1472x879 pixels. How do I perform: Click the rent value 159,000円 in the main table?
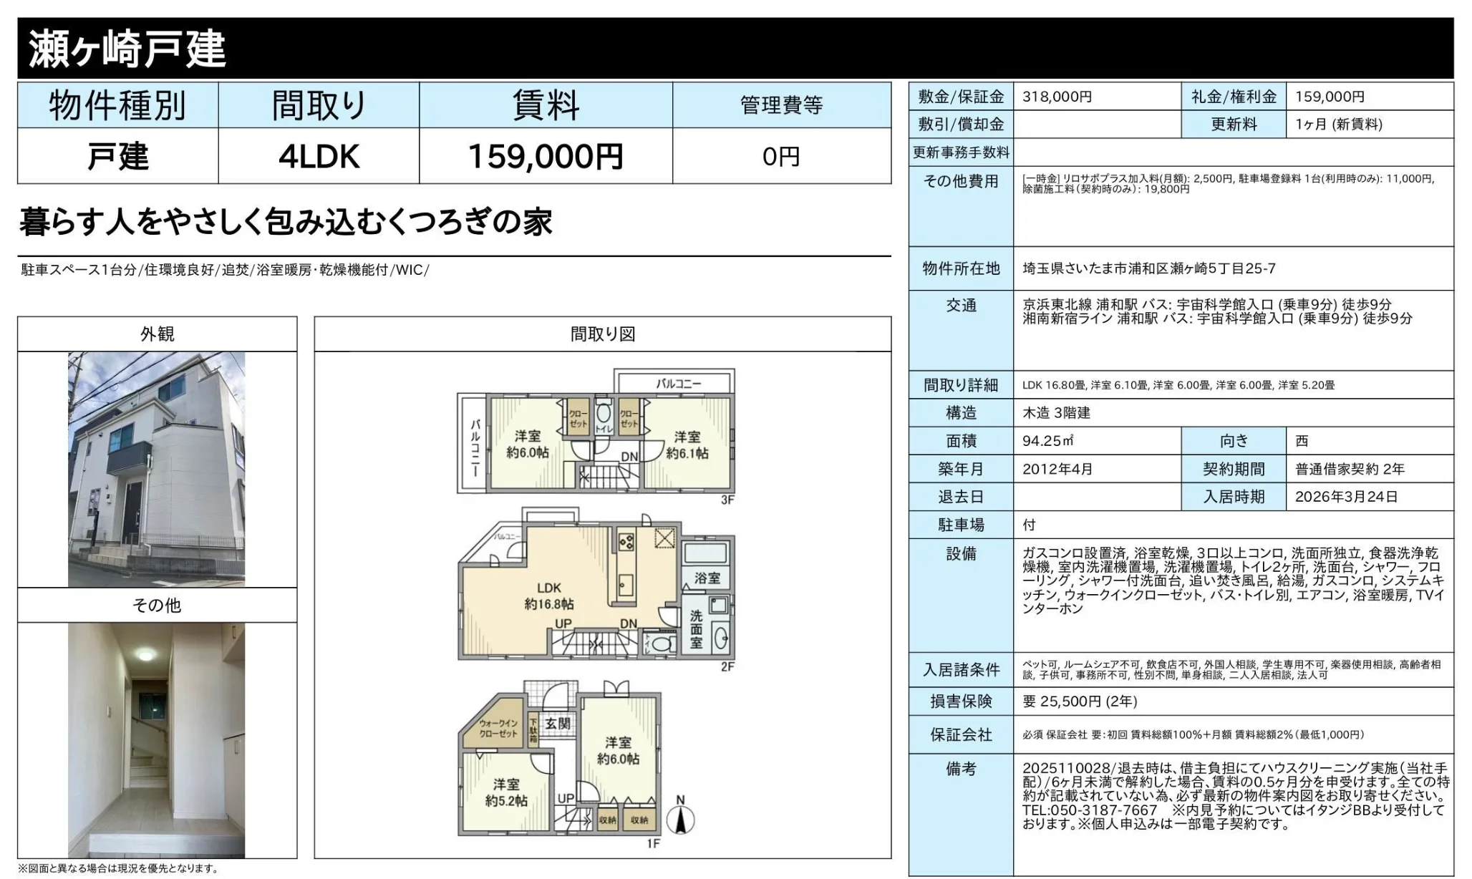(545, 156)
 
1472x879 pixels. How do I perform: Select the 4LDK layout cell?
(319, 156)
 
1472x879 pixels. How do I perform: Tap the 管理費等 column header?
(781, 105)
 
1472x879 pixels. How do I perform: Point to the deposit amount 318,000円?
(1057, 97)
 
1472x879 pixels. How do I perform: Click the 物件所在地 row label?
(961, 268)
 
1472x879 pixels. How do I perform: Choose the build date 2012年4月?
(1057, 469)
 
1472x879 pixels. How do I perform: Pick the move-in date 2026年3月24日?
(1346, 497)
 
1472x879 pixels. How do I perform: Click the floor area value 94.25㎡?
(1047, 441)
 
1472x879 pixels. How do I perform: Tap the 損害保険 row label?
(961, 701)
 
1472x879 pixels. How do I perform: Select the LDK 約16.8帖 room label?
(548, 596)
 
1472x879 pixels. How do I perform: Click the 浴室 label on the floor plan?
(707, 578)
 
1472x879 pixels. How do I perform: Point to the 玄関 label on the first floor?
(557, 724)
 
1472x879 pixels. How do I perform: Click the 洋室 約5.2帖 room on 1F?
(505, 792)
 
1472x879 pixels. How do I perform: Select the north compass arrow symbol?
(680, 817)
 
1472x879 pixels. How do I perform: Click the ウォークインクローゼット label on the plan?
(498, 728)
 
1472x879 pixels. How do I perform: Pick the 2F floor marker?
(727, 666)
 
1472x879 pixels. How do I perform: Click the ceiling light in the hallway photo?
(146, 654)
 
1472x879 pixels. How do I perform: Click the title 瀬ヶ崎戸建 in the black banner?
(127, 49)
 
